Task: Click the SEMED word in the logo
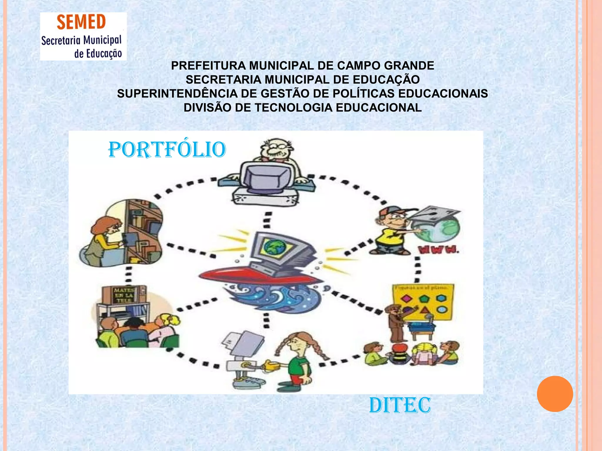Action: point(81,22)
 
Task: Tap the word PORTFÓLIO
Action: point(167,150)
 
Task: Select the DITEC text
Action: point(400,405)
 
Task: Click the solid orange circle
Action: point(555,394)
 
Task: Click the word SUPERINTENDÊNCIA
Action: point(177,94)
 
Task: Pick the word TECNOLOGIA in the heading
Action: point(293,108)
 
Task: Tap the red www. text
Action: point(438,250)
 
